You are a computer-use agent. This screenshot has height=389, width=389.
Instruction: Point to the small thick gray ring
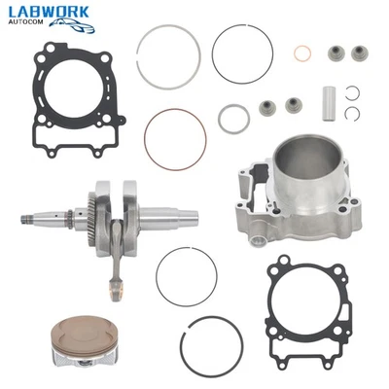[x=233, y=119]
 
